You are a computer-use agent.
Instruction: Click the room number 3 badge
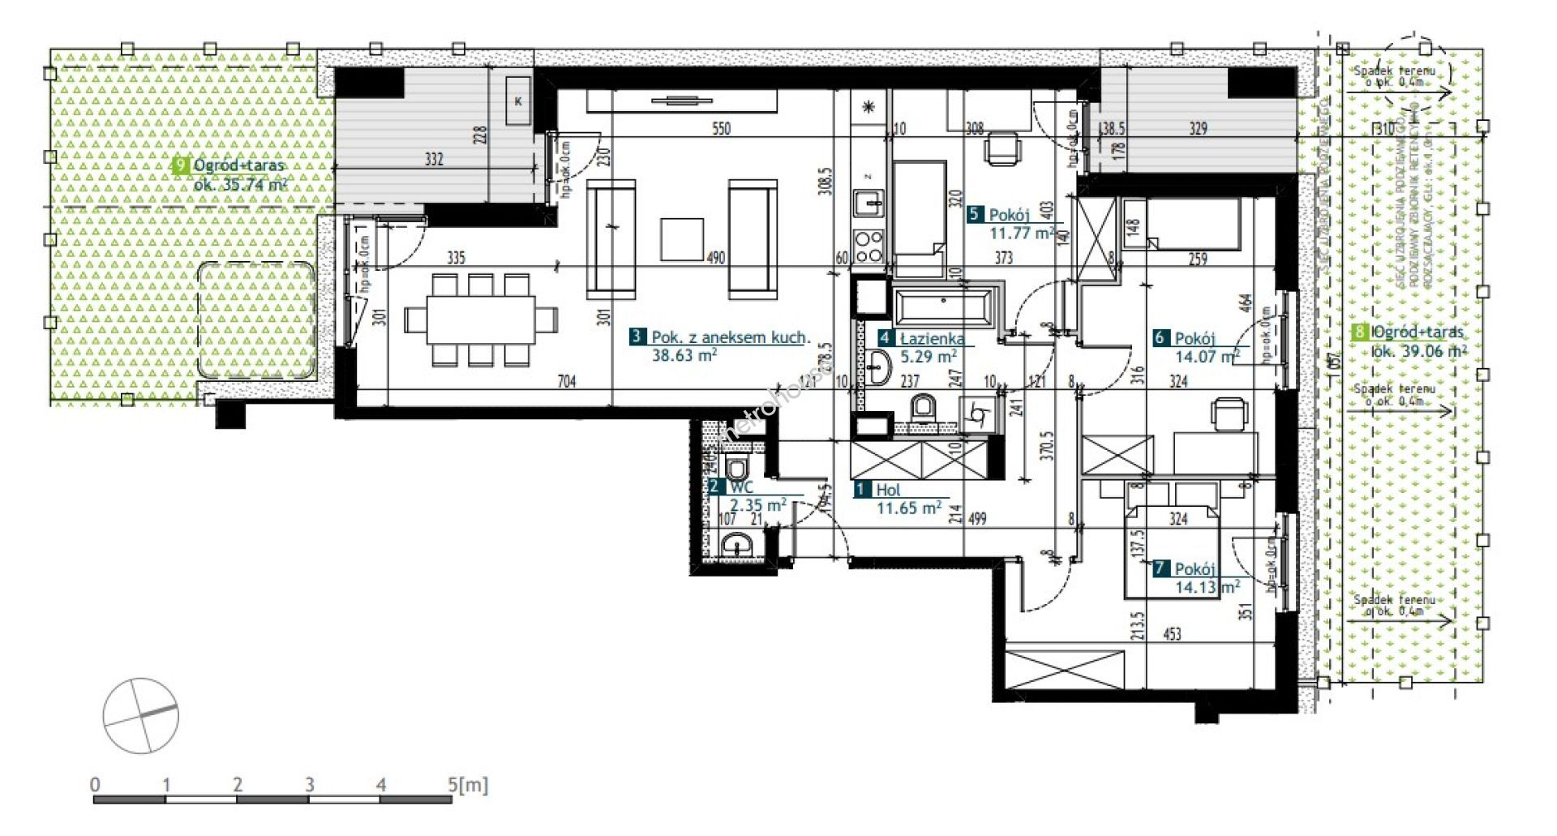(637, 337)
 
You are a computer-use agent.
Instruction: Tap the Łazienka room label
(932, 339)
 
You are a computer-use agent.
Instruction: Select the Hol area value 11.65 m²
(908, 508)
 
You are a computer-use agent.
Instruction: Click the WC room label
(741, 487)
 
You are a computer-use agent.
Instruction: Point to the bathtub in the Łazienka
(941, 308)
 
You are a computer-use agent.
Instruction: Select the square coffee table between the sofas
(681, 238)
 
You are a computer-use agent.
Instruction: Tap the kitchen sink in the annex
(869, 202)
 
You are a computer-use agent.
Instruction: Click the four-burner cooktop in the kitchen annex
(869, 245)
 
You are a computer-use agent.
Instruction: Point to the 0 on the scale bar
(96, 785)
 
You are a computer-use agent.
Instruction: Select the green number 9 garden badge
(181, 165)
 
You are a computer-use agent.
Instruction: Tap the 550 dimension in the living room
(720, 128)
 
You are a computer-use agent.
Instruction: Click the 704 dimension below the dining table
(567, 380)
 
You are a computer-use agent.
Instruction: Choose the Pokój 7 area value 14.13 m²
(1207, 587)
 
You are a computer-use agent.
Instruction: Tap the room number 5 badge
(975, 215)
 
